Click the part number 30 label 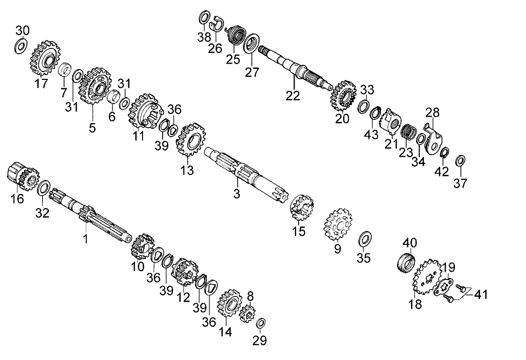pyautogui.click(x=23, y=29)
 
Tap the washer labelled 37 pyautogui.click(x=460, y=160)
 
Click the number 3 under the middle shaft pyautogui.click(x=237, y=194)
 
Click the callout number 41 pyautogui.click(x=480, y=295)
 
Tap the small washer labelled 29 pyautogui.click(x=262, y=322)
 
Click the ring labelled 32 pyautogui.click(x=44, y=188)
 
